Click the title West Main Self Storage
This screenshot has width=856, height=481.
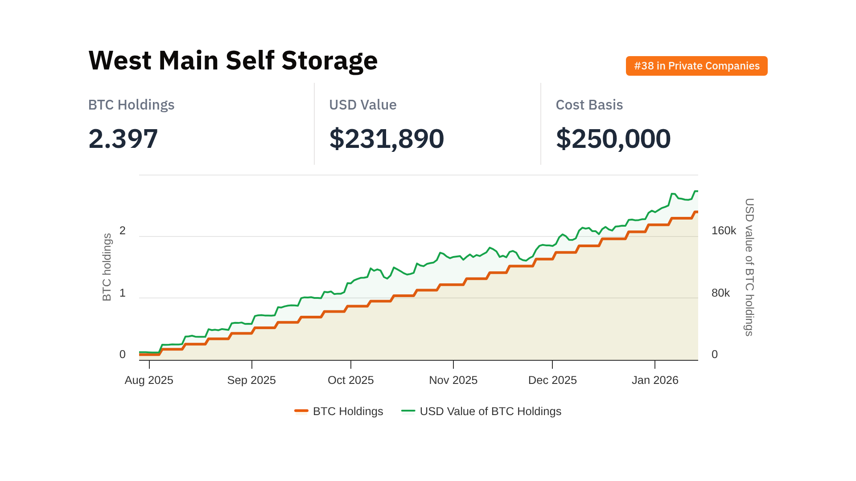click(233, 61)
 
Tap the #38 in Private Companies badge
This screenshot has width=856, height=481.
click(696, 66)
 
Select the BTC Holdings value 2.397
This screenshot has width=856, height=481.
click(123, 139)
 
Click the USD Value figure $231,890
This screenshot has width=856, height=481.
click(386, 139)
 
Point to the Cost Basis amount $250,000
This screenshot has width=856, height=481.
click(613, 139)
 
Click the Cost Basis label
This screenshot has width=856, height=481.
click(589, 105)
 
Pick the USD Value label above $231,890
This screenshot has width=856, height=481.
click(362, 105)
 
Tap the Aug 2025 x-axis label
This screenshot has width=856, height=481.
click(149, 380)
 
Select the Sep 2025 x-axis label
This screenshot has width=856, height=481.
click(251, 380)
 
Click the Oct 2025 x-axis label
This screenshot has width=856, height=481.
click(350, 380)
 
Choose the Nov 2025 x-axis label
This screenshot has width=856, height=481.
click(453, 380)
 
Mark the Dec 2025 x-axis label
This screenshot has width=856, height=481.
click(552, 380)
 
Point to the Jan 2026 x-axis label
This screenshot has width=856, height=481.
click(655, 380)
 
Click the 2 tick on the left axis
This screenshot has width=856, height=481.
click(123, 231)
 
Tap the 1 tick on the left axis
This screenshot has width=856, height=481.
click(123, 293)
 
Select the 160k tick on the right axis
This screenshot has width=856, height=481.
click(724, 231)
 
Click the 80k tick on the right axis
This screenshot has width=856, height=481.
click(720, 293)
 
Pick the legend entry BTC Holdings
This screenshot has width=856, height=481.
click(348, 411)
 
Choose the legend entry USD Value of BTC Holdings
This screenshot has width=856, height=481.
click(490, 411)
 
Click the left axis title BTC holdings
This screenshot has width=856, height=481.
click(107, 267)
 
